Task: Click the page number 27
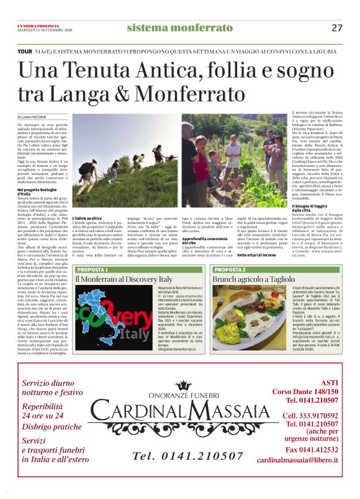(337, 27)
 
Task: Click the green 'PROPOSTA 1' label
(95, 271)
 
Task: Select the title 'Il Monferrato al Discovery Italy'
(123, 281)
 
